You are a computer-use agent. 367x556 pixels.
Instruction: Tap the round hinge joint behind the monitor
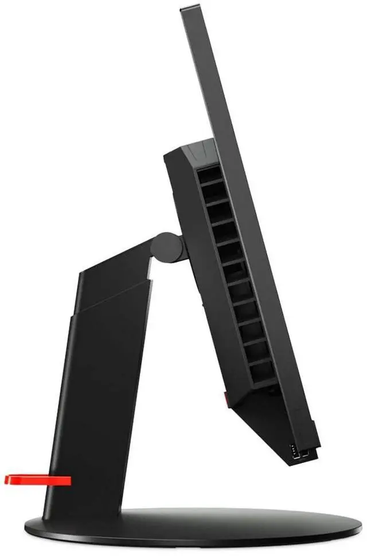tap(168, 246)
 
